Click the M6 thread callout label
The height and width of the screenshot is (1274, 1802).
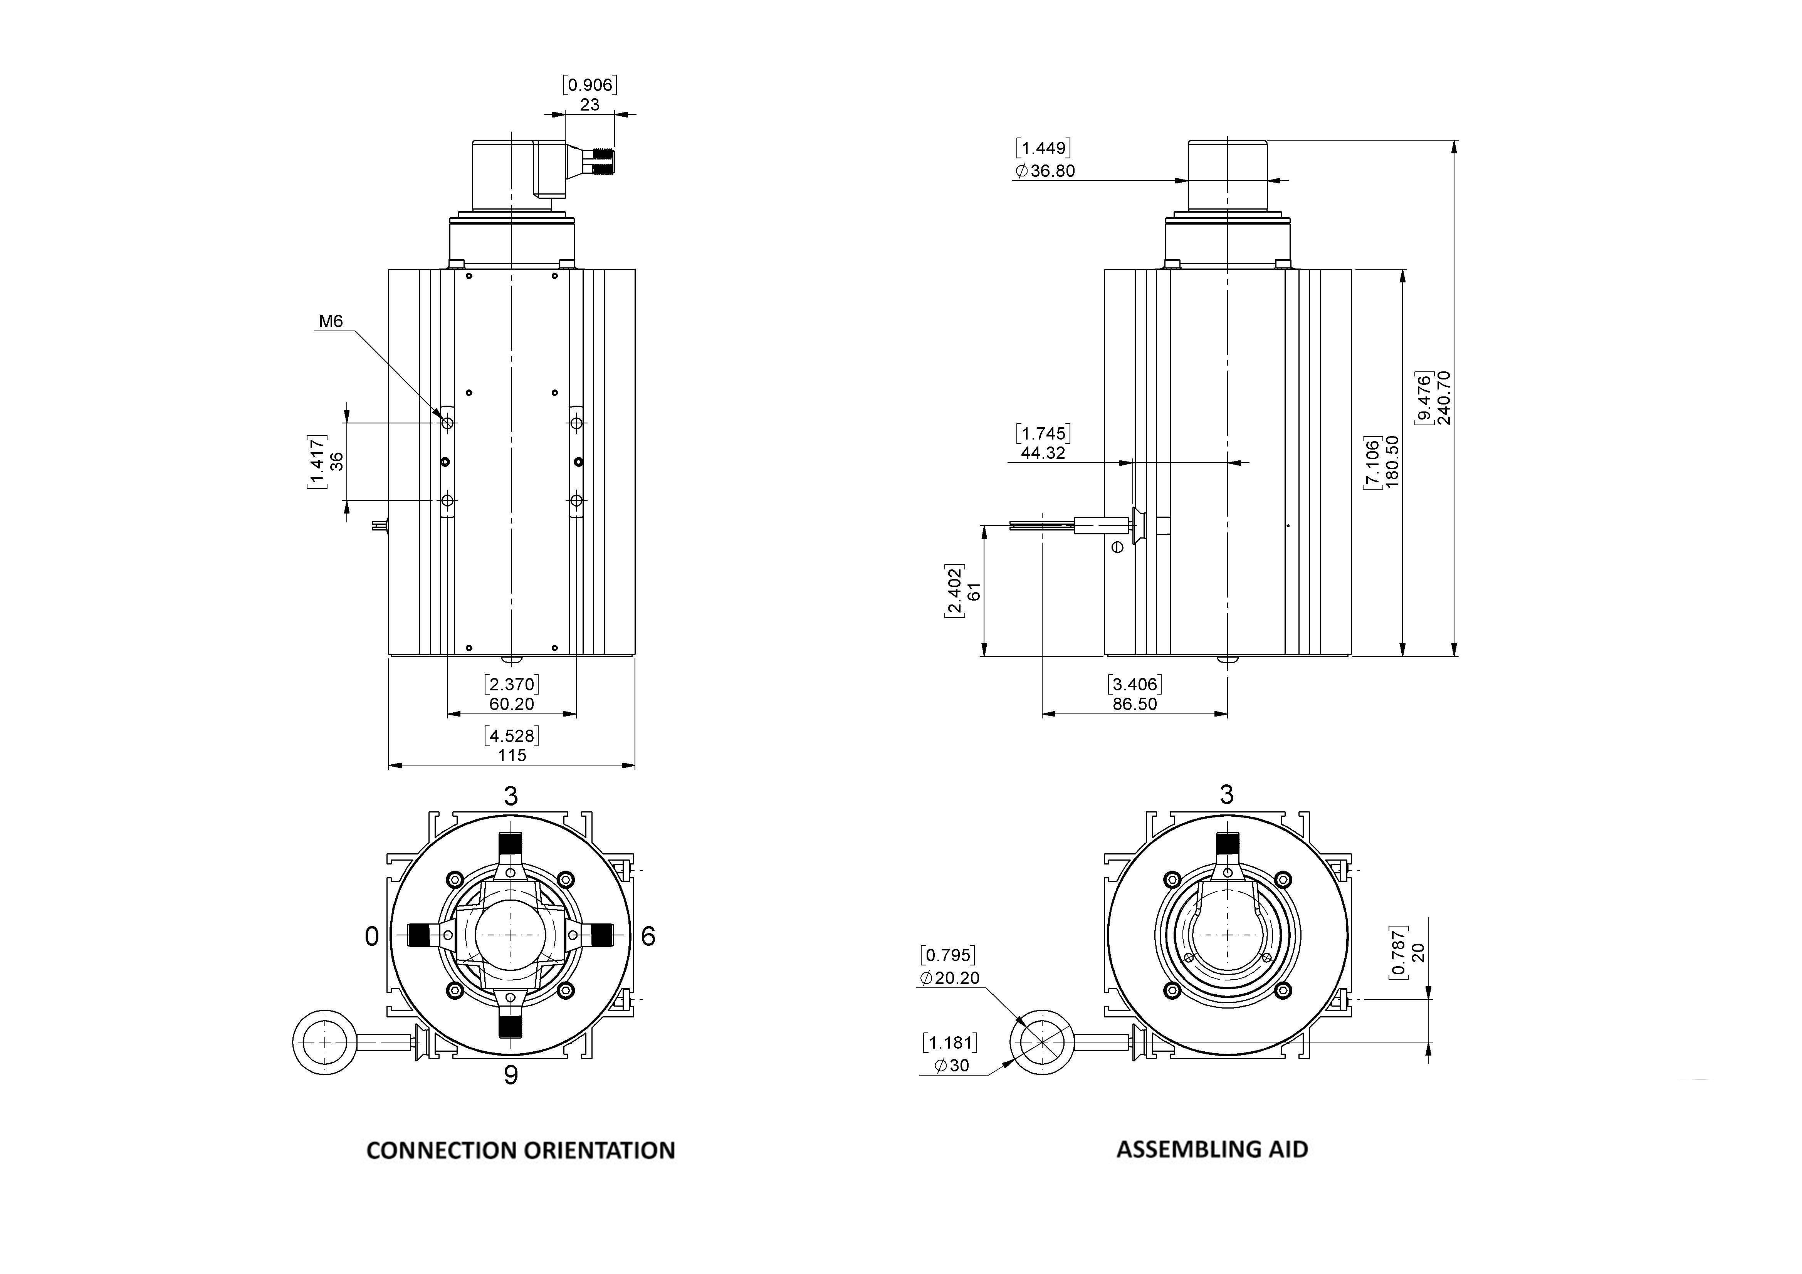point(331,321)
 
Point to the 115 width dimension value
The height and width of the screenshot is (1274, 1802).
point(512,755)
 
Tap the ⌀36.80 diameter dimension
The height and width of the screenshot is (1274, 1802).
point(1045,171)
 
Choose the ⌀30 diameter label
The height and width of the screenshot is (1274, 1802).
point(952,1065)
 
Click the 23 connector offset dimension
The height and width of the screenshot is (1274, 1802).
point(589,104)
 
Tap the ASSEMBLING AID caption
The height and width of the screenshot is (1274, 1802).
point(1212,1149)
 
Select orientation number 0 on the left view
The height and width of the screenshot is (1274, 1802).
point(372,936)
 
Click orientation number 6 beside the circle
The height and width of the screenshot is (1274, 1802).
point(648,936)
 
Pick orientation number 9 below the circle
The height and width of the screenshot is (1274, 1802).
point(511,1074)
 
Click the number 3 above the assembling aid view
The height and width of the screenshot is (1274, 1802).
point(1227,795)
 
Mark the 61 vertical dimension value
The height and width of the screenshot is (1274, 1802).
point(974,591)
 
